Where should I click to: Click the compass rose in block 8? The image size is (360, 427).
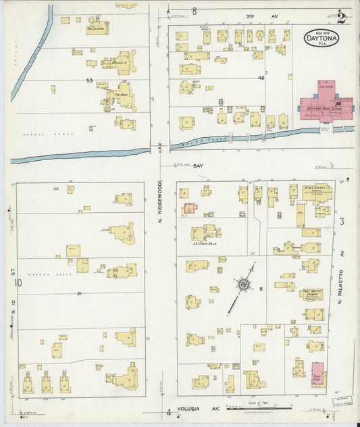coord(242,284)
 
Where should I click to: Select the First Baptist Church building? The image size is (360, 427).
coord(311,293)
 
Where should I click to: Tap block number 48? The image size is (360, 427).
coord(261,78)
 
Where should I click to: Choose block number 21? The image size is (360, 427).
coord(79,293)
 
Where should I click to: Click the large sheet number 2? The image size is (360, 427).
coord(342,18)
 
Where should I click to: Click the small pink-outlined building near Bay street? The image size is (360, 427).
coord(190,208)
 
